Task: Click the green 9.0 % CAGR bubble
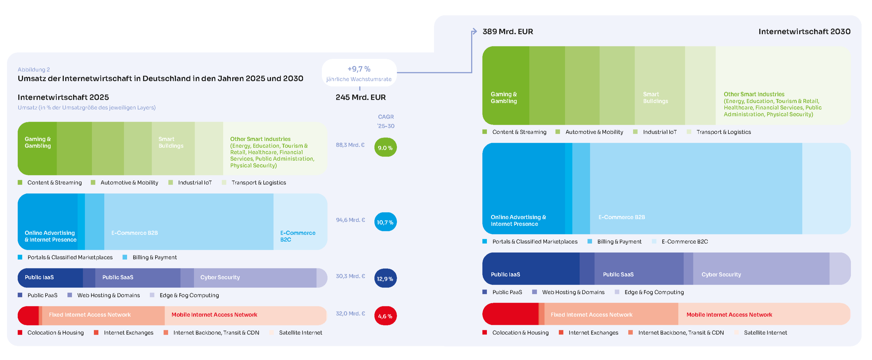(385, 148)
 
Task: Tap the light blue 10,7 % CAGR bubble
(385, 222)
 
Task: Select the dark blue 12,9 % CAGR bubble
(385, 279)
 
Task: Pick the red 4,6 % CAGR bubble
(385, 316)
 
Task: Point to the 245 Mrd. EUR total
(360, 98)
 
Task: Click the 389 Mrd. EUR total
(507, 32)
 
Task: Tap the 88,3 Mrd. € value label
(350, 145)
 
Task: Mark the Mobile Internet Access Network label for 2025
(214, 315)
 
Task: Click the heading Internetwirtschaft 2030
(804, 32)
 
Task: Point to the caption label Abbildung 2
(33, 70)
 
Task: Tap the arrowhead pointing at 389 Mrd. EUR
(474, 31)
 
